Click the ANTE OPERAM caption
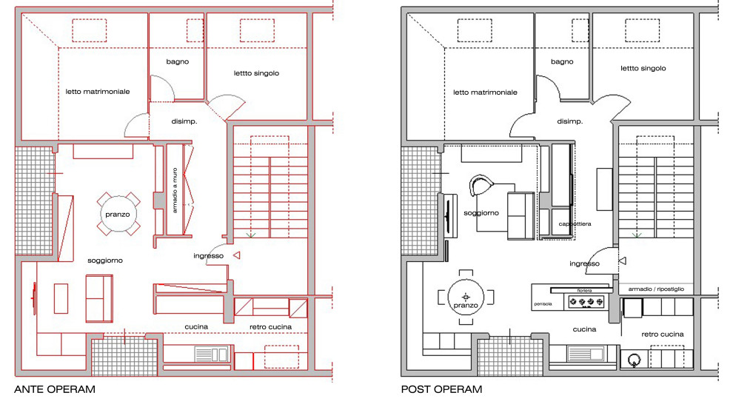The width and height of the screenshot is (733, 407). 55,389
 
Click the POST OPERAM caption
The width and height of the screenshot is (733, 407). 441,389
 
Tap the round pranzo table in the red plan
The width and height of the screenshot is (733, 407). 118,215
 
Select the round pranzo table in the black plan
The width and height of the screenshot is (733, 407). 466,297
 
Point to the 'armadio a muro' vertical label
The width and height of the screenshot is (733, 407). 175,191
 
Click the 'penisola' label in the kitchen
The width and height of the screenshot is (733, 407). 543,303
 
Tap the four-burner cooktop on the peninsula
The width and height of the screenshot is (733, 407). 586,302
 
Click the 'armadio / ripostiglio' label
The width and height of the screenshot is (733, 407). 656,289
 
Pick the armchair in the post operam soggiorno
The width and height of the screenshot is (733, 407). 481,185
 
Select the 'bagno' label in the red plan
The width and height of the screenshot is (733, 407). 177,61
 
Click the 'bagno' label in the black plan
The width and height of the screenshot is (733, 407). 562,61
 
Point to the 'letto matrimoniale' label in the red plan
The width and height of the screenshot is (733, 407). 98,92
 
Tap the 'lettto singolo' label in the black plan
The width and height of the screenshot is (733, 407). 643,68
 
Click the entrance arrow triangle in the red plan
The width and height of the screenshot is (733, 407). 237,255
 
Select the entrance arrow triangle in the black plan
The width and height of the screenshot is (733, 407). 622,260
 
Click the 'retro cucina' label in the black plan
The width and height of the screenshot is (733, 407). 663,334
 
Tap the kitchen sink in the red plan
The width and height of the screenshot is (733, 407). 211,354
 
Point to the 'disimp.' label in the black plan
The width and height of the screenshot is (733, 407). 570,121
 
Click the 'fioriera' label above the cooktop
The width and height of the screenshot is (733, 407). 584,291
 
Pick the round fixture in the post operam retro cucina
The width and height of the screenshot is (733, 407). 634,360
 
